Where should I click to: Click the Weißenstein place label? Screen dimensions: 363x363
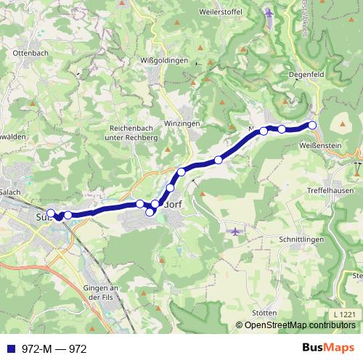point(320,146)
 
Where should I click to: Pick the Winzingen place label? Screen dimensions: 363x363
point(181,124)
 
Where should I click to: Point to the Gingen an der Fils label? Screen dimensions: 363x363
point(100,293)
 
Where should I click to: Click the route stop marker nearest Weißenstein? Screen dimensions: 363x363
point(313,126)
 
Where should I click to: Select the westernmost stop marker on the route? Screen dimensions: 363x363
point(51,213)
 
